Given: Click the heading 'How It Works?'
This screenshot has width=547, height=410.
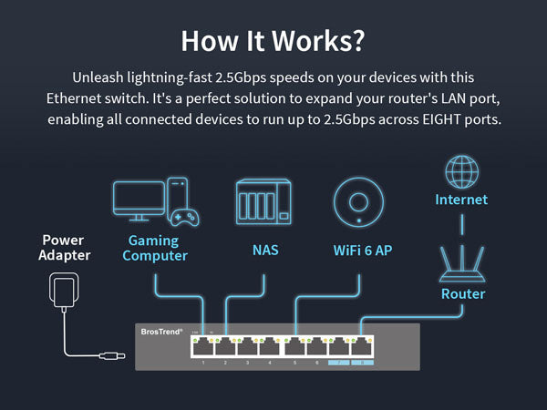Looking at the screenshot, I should pos(273,40).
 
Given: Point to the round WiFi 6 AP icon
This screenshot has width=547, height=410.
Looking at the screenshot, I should pos(357,201).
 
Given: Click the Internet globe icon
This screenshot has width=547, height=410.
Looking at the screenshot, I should pos(460,171).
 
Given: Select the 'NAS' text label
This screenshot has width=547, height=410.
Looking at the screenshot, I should pos(264,249).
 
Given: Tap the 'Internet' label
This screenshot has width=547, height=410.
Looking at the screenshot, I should pos(461,200).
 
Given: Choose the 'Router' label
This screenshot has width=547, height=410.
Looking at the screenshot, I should pos(463,294).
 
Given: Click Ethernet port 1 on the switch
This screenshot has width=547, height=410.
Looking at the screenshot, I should pos(202,346).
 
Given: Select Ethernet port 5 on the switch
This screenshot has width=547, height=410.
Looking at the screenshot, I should pos(294,346).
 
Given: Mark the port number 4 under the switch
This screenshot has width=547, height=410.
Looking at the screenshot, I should pos(271,363).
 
